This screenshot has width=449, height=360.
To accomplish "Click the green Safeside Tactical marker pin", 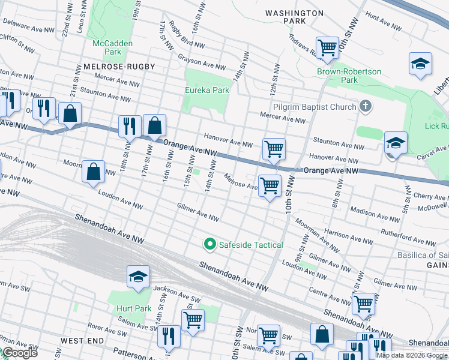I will click(x=209, y=244).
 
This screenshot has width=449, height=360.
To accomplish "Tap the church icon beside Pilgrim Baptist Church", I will click(x=364, y=107).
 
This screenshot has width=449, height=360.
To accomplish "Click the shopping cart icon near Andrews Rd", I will click(x=327, y=47).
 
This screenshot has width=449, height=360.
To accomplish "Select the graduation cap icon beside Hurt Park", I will click(x=139, y=277).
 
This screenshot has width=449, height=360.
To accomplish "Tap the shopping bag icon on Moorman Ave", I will click(x=94, y=172).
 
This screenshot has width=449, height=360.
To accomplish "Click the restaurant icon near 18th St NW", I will click(x=130, y=126).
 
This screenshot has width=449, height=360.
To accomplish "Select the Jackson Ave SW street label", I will click(x=176, y=293).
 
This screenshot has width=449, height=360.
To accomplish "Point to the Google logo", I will click(x=20, y=353).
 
